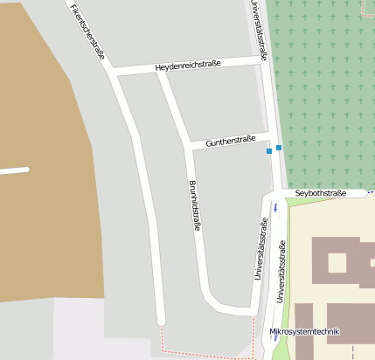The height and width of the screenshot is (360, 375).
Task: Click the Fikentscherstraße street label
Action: point(87,29)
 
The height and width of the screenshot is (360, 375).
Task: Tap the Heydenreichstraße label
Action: point(188,66)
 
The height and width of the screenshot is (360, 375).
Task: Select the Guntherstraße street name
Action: point(230,140)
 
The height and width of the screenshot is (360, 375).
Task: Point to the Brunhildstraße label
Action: point(195,205)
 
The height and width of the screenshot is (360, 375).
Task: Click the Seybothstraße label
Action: point(321,193)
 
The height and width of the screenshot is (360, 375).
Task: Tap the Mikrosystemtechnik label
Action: point(304,332)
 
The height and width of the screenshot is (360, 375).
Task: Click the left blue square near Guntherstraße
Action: point(269,152)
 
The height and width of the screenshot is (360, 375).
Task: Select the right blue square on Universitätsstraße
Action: point(279,148)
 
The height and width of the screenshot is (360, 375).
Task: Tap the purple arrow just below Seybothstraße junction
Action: point(274,207)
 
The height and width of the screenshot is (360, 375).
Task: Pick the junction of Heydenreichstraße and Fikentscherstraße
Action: point(112,72)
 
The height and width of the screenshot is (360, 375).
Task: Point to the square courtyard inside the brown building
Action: point(336,262)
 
